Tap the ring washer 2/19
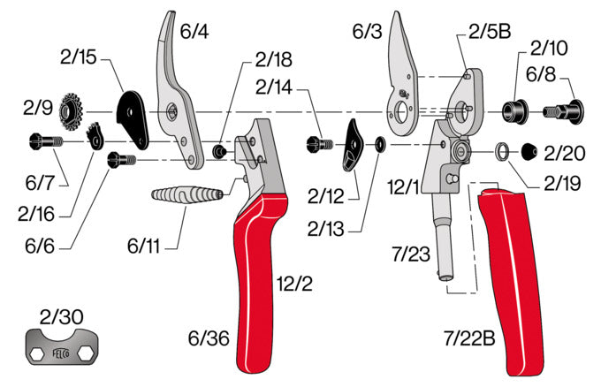point(501,152)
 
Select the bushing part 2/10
point(514,111)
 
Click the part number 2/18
point(273,60)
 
